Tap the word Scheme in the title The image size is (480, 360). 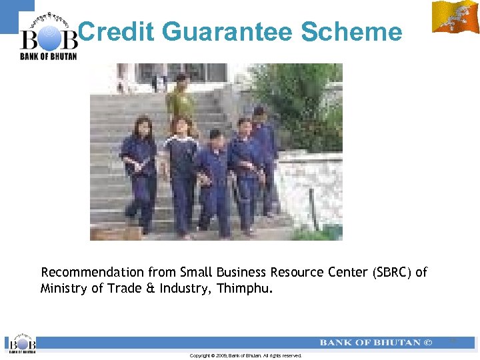[351, 31]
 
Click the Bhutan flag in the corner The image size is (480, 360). [455, 17]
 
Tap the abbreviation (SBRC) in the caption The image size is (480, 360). [393, 272]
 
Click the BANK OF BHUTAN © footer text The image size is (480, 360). [376, 343]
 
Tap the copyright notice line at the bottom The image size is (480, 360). [245, 355]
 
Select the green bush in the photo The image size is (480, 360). [300, 100]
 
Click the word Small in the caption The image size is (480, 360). [195, 272]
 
